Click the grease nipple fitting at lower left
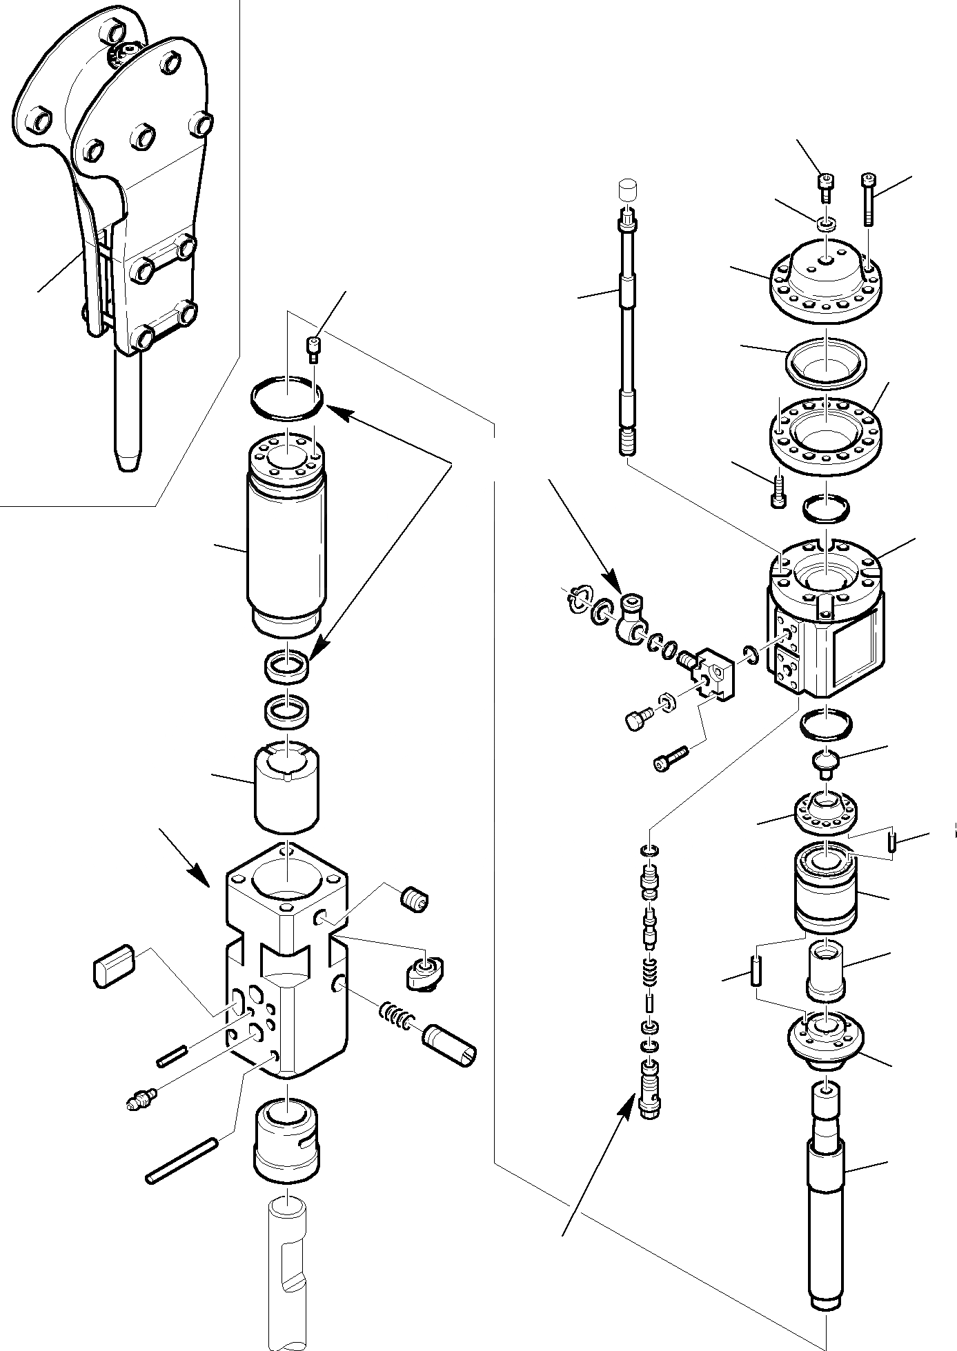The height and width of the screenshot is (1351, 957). (142, 1101)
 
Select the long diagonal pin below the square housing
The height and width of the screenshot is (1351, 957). (181, 1161)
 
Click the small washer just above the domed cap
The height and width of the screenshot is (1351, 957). (826, 223)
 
